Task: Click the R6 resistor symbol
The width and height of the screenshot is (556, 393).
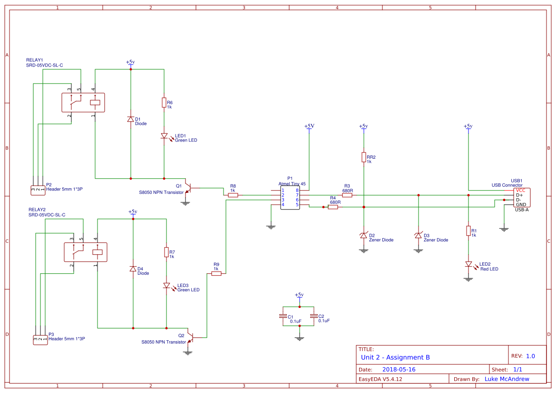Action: pyautogui.click(x=164, y=102)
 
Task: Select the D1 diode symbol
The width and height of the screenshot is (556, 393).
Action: pyautogui.click(x=130, y=119)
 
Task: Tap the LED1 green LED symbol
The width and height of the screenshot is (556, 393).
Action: pyautogui.click(x=164, y=136)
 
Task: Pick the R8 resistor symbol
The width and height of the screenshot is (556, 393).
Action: pyautogui.click(x=233, y=195)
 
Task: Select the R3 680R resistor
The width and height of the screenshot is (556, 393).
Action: pyautogui.click(x=347, y=195)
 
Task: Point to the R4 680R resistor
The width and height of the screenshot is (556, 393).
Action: pyautogui.click(x=333, y=207)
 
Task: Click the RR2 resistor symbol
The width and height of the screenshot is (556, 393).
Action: pyautogui.click(x=363, y=157)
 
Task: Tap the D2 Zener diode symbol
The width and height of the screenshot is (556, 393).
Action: pyautogui.click(x=363, y=236)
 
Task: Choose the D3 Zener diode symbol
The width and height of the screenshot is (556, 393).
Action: pyautogui.click(x=418, y=236)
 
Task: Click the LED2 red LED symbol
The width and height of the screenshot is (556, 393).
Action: pyautogui.click(x=468, y=264)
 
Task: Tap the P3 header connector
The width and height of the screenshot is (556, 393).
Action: pyautogui.click(x=40, y=339)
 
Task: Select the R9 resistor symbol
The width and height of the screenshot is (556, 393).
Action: pyautogui.click(x=216, y=274)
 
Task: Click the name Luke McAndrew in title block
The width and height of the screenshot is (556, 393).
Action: pyautogui.click(x=507, y=379)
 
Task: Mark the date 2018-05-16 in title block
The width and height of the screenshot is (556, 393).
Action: pyautogui.click(x=399, y=369)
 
